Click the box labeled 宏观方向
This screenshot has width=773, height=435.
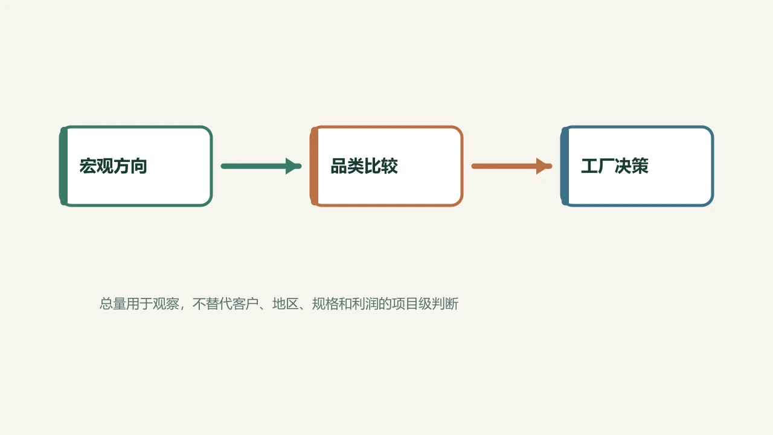pyautogui.click(x=136, y=166)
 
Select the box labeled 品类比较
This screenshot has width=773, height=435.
pyautogui.click(x=386, y=166)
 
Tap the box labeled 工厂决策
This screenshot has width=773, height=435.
pyautogui.click(x=637, y=166)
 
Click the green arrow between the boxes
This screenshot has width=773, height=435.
pyautogui.click(x=261, y=166)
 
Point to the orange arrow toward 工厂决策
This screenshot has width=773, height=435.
pyautogui.click(x=512, y=166)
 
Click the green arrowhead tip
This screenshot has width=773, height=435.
pyautogui.click(x=301, y=166)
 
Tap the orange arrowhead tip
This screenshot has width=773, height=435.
pyautogui.click(x=552, y=166)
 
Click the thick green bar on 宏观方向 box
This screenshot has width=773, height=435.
pyautogui.click(x=63, y=166)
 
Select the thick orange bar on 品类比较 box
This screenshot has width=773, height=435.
pyautogui.click(x=314, y=166)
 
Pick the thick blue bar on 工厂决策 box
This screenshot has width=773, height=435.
pyautogui.click(x=565, y=166)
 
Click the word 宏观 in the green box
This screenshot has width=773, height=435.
pyautogui.click(x=96, y=166)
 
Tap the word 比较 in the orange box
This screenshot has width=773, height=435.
pyautogui.click(x=381, y=166)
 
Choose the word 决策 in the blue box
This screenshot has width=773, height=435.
pyautogui.click(x=632, y=166)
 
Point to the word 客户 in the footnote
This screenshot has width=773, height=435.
pyautogui.click(x=245, y=304)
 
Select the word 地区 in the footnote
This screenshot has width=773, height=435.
pyautogui.click(x=286, y=304)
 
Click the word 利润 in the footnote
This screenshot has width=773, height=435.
pyautogui.click(x=365, y=304)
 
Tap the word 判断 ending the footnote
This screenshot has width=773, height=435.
pyautogui.click(x=445, y=304)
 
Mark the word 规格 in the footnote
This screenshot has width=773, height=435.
pyautogui.click(x=325, y=304)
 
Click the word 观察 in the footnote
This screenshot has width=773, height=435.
pyautogui.click(x=166, y=304)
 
